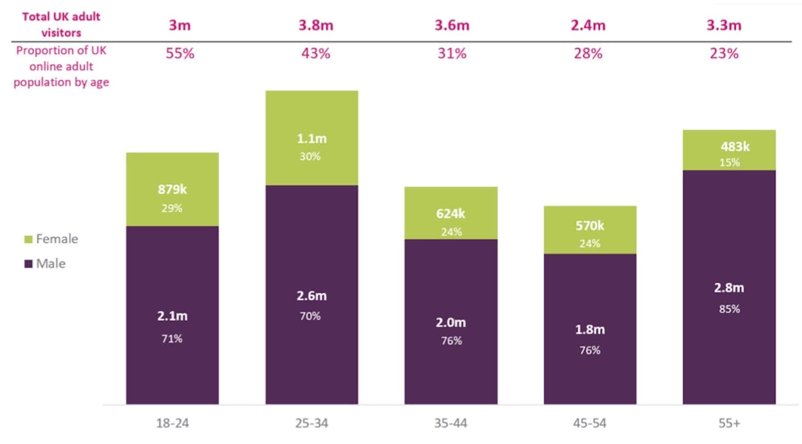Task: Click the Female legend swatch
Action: point(29,239)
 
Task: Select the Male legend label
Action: point(51,263)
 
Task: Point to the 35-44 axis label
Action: point(450,423)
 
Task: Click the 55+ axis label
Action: point(729,423)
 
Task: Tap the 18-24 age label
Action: point(172,423)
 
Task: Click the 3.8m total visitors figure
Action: point(315,25)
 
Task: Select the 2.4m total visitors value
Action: point(588,25)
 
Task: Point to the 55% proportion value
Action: point(180,53)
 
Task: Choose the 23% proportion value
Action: point(724,53)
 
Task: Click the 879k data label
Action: point(172,189)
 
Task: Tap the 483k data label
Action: point(735,146)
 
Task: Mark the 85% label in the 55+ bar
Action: point(729,309)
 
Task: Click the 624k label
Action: point(450,214)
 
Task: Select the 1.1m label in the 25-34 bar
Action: point(311,139)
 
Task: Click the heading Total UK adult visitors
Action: point(61,25)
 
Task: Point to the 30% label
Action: point(310,156)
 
